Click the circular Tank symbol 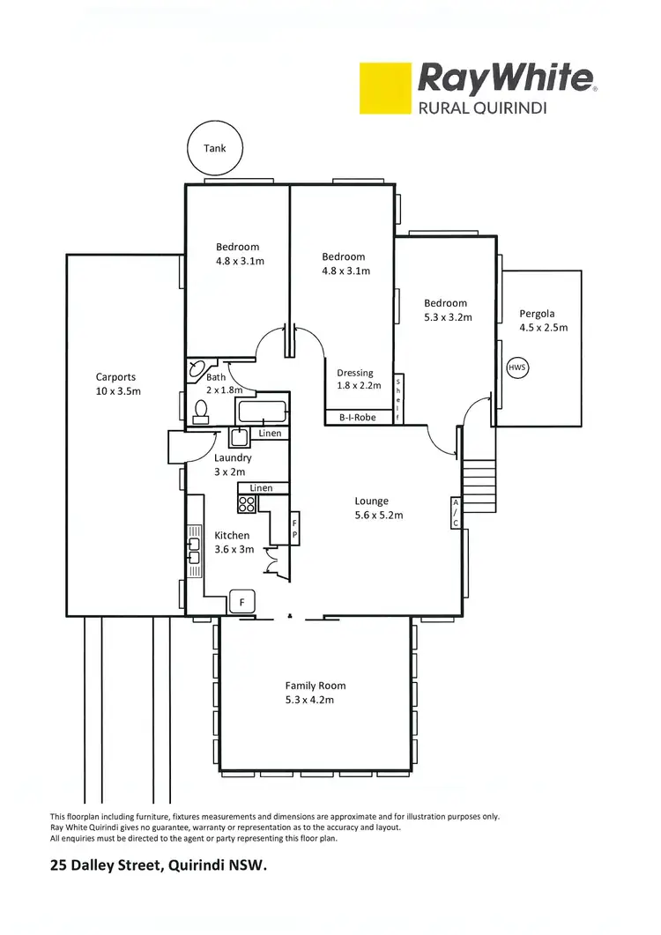coord(215,148)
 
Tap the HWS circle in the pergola coord(517,367)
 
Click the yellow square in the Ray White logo coord(385,87)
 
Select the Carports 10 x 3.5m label coord(117,384)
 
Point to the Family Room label coord(315,693)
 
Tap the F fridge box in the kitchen coord(241,603)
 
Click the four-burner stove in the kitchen coord(248,504)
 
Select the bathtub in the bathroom coord(261,412)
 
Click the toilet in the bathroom coord(201,411)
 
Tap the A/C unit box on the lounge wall coord(456,512)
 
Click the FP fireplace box coord(295,529)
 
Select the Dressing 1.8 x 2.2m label coord(355,379)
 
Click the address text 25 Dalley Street coord(158,865)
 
